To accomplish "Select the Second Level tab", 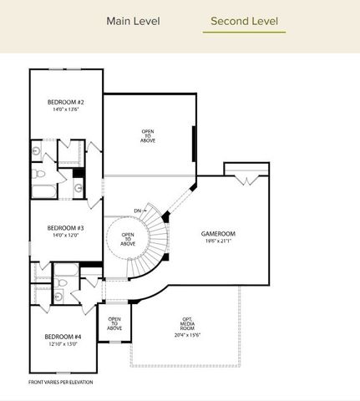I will coord(244,21).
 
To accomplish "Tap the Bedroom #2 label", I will coord(64,103).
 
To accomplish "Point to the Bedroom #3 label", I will coord(64,227).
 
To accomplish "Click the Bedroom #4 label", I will coord(63,337).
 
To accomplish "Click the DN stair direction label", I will coord(137,211).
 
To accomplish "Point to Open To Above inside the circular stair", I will coord(128,239).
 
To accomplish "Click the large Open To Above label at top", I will coord(148,135).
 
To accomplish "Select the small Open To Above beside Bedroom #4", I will coord(114,322).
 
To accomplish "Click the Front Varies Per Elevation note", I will coord(61,382).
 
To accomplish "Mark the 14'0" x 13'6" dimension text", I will coord(64,110).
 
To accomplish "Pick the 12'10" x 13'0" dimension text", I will coord(63,344).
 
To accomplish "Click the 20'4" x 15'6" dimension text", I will coord(187,335).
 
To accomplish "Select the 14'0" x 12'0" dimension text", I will coord(64,236).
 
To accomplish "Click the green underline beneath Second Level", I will coord(244,33).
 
